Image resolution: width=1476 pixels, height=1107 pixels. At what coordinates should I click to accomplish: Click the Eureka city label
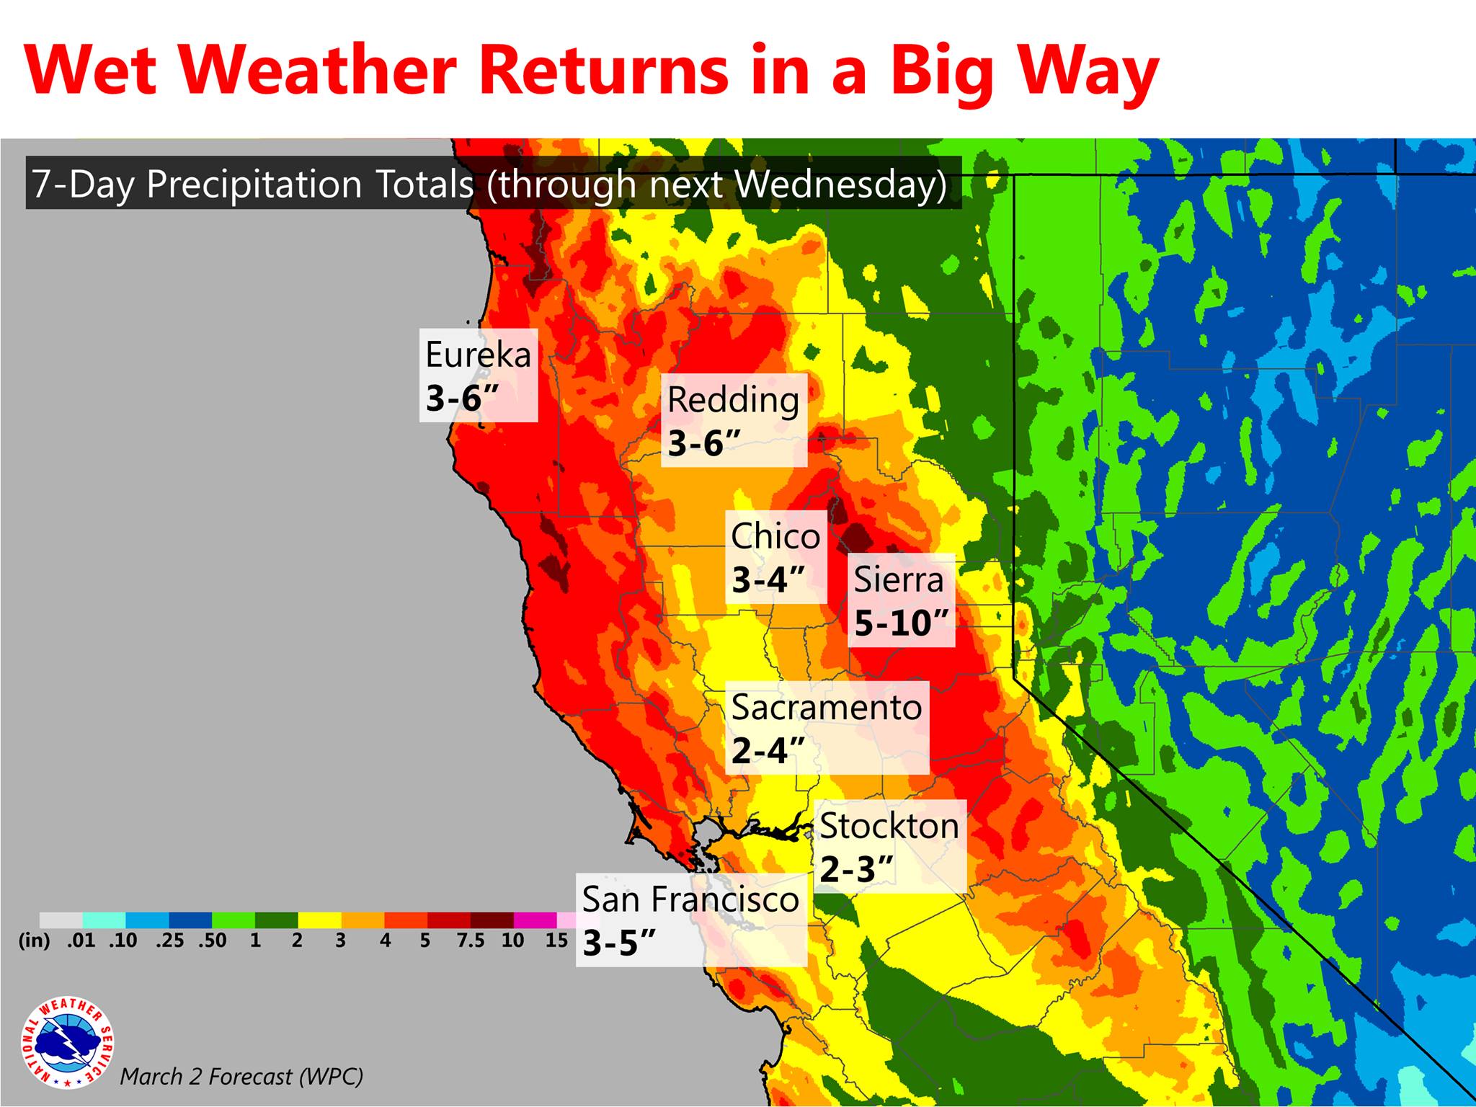pyautogui.click(x=478, y=355)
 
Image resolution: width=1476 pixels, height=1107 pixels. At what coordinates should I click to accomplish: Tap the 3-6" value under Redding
pyautogui.click(x=705, y=443)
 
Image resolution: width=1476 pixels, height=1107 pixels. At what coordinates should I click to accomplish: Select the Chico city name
pyautogui.click(x=775, y=536)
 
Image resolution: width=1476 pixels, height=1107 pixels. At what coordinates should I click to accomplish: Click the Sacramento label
pyautogui.click(x=827, y=708)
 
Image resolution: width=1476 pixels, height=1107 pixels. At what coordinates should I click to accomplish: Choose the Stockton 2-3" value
pyautogui.click(x=857, y=870)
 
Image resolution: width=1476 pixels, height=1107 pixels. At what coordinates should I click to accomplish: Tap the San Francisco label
pyautogui.click(x=690, y=899)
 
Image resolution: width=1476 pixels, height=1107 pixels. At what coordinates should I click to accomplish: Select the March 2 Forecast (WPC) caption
pyautogui.click(x=241, y=1077)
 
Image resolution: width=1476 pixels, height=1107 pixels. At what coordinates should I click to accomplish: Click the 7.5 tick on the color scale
pyautogui.click(x=470, y=941)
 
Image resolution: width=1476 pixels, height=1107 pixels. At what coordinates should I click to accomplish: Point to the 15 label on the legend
pyautogui.click(x=556, y=941)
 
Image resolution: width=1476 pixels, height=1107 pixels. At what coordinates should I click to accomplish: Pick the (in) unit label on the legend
pyautogui.click(x=34, y=941)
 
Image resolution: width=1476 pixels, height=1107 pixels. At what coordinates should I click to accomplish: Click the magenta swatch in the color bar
pyautogui.click(x=535, y=920)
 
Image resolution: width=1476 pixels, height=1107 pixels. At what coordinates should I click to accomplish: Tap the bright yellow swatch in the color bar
pyautogui.click(x=320, y=920)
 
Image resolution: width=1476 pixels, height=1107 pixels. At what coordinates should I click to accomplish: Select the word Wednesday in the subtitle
pyautogui.click(x=841, y=184)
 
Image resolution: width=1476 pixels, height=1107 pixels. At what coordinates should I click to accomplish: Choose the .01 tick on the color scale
pyautogui.click(x=81, y=941)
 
